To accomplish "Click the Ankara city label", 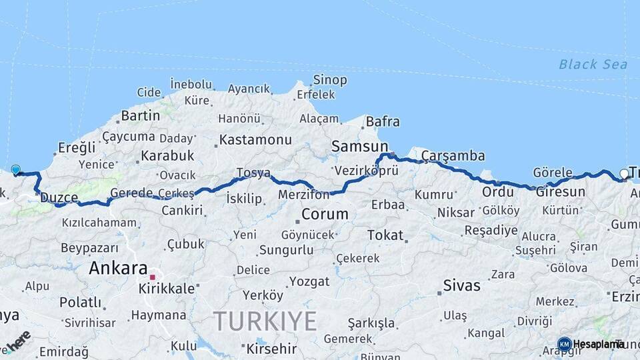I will coord(118,269).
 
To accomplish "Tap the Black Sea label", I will coord(593,64).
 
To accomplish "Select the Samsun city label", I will coord(360,146).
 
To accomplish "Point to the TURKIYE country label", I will coord(265,321).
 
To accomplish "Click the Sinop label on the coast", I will coord(330,81).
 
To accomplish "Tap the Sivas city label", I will coord(461,286).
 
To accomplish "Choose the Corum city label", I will coord(325,214).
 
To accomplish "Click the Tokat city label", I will coord(385,235).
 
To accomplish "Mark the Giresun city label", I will coord(560,192).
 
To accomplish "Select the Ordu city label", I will coord(497,192).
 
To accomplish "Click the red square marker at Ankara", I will coord(153,277).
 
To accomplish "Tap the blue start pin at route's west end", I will coord(15,170).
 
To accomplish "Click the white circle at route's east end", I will coord(624,174).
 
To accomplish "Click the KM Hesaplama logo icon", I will coord(564,344).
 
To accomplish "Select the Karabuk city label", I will coord(167,155).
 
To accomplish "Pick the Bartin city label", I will coord(140,116).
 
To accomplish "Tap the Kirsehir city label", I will coord(271,348).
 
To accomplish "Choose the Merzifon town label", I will coord(305,195).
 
